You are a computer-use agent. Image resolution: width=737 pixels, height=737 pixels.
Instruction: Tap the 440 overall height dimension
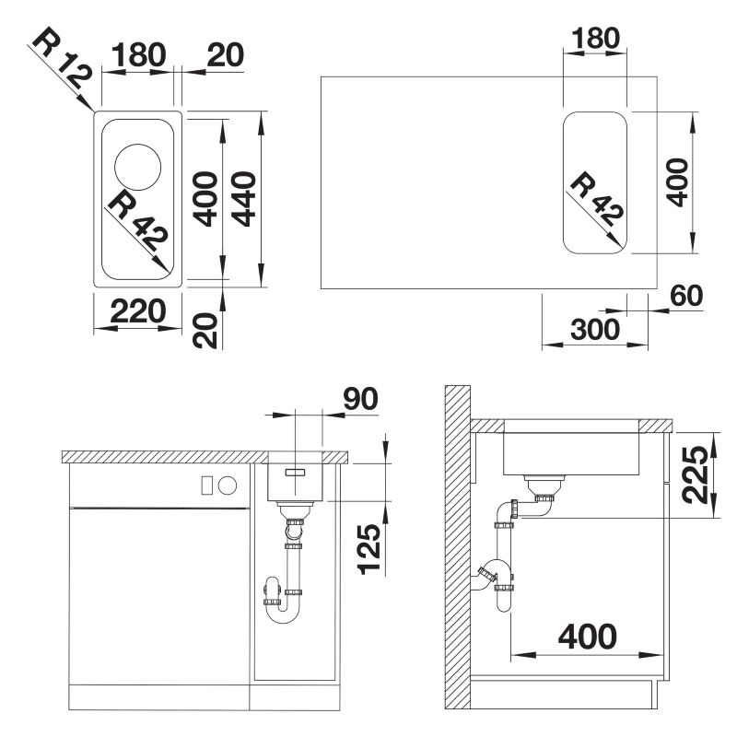(244, 199)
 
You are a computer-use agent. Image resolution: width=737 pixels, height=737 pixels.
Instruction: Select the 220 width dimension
(137, 310)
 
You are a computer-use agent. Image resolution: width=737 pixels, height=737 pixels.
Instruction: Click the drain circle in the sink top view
(137, 167)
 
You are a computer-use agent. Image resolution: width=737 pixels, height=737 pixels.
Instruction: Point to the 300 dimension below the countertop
(595, 329)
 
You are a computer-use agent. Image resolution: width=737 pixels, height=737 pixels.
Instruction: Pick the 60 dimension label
(686, 296)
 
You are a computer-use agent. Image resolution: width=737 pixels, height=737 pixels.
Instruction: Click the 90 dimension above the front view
(360, 399)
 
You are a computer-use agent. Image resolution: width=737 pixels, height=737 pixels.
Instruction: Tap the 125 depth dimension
(370, 549)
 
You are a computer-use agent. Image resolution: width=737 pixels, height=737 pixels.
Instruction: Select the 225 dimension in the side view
(696, 474)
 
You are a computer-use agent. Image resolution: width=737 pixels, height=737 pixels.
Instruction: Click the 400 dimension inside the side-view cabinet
(588, 637)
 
